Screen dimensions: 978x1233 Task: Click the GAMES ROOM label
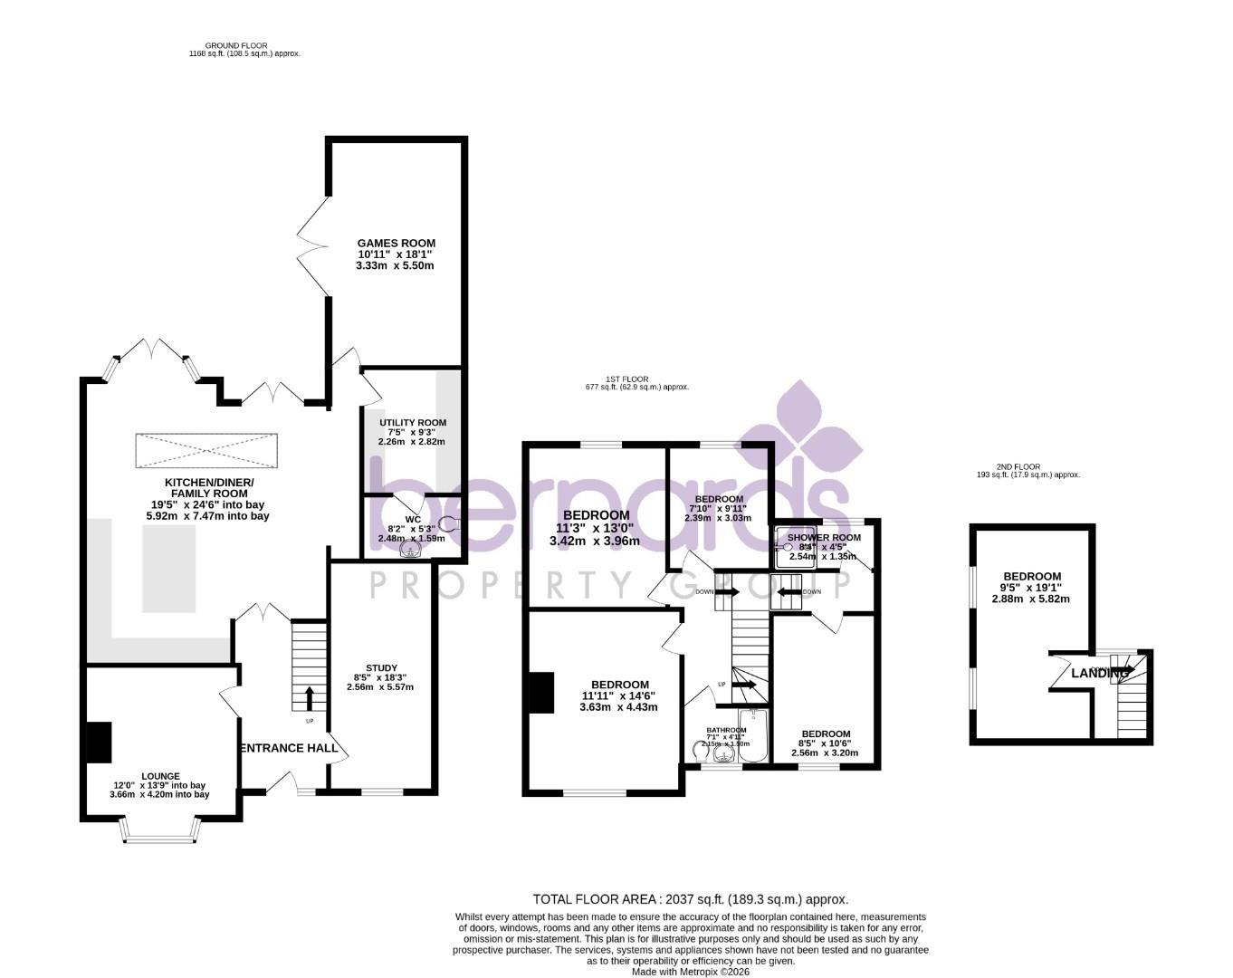click(x=396, y=243)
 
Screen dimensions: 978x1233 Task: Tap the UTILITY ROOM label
click(x=412, y=423)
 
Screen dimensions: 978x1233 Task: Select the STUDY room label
click(x=381, y=668)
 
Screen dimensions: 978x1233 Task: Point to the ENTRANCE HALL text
click(x=289, y=748)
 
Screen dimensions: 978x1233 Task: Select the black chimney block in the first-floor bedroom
click(x=541, y=693)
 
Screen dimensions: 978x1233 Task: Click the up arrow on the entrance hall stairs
click(x=310, y=697)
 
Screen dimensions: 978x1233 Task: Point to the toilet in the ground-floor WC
click(x=450, y=523)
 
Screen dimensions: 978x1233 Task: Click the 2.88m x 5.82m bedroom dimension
click(x=1031, y=599)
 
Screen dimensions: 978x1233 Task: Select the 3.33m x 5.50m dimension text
click(x=395, y=265)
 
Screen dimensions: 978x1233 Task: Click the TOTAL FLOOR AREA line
click(x=690, y=899)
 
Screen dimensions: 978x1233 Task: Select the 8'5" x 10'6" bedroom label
click(x=825, y=743)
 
